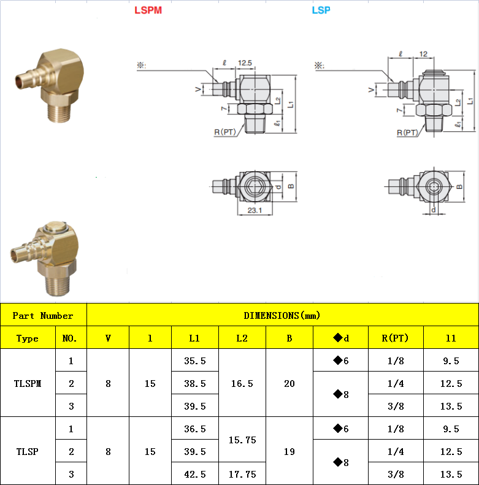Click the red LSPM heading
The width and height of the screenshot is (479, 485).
click(148, 10)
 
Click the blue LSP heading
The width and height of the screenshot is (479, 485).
click(321, 10)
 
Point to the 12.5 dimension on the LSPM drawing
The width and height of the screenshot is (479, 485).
click(245, 63)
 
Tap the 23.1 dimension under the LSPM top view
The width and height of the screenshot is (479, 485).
click(255, 210)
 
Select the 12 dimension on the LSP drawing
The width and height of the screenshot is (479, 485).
click(423, 54)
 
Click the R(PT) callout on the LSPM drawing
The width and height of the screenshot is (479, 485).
click(224, 132)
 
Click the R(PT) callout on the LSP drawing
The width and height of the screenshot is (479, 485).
click(407, 132)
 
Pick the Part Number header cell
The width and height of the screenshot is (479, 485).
click(44, 315)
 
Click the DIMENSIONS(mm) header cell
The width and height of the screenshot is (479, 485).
click(283, 315)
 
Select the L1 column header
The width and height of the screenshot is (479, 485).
click(194, 338)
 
